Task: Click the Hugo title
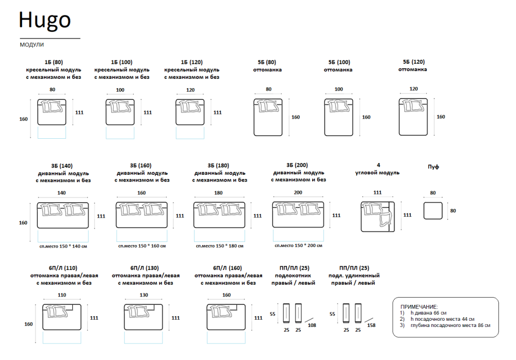click(x=45, y=20)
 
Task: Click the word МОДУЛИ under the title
click(x=31, y=45)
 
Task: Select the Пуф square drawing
click(x=433, y=211)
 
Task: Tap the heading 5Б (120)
click(x=413, y=61)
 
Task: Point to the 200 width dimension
click(x=298, y=193)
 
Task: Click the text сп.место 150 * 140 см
click(x=63, y=247)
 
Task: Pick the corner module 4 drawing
click(x=378, y=215)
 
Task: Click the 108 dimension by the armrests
click(x=311, y=325)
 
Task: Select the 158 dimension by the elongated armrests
click(x=371, y=325)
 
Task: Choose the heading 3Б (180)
click(x=218, y=166)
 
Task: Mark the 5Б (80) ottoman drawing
click(x=268, y=117)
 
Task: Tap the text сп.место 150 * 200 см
click(x=298, y=247)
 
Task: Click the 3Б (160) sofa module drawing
click(x=142, y=215)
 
